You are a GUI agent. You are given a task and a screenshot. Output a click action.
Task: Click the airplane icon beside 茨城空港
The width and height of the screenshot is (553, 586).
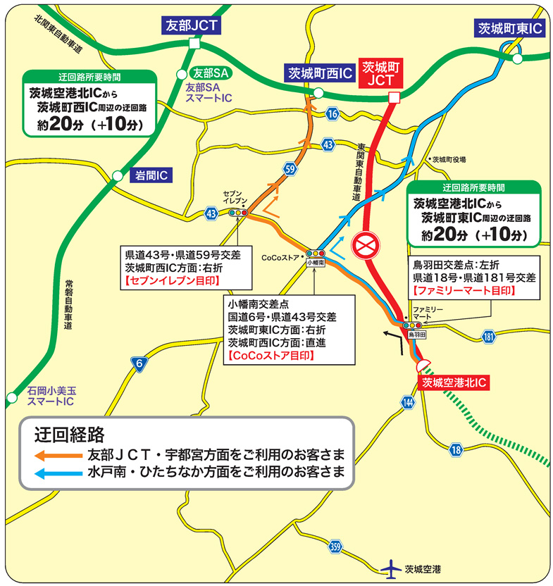389,568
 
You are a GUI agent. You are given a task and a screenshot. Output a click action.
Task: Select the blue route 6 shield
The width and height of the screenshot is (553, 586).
140,363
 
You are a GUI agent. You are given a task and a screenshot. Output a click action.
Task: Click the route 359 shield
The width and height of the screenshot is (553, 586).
335,547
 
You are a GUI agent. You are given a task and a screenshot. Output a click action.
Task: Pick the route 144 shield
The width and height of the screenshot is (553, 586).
409,402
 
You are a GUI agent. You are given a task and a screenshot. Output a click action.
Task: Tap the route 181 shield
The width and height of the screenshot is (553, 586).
490,339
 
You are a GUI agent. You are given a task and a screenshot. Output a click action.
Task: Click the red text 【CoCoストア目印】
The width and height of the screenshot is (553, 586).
271,356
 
